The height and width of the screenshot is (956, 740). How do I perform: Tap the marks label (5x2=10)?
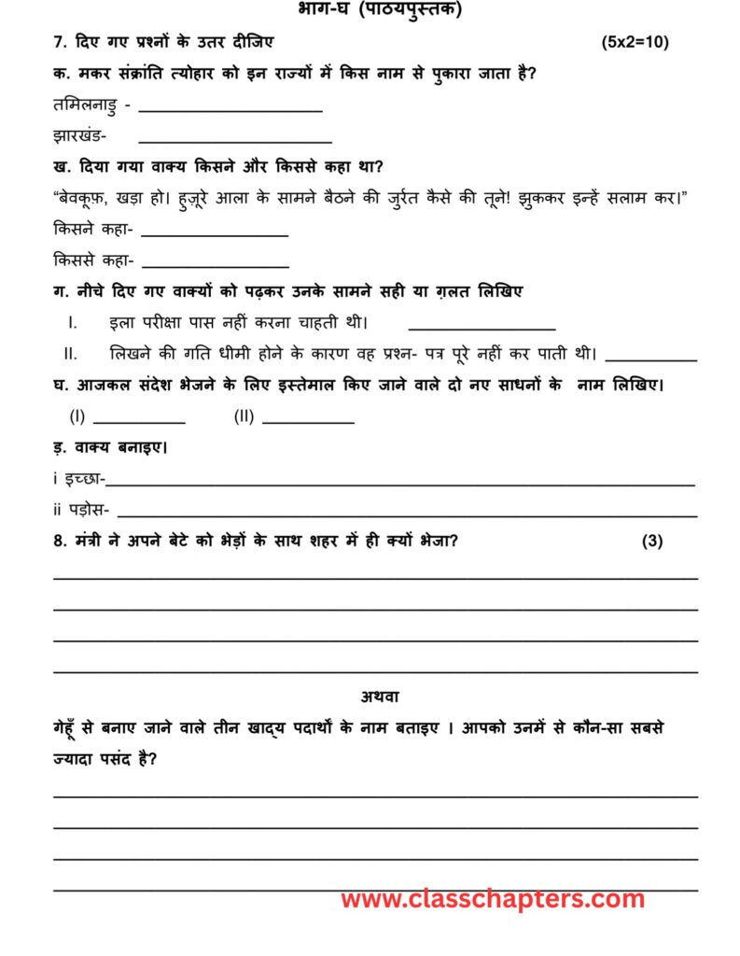click(x=635, y=43)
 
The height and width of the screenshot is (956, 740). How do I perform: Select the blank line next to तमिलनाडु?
click(x=230, y=110)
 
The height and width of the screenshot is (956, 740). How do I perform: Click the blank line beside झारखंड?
click(x=234, y=141)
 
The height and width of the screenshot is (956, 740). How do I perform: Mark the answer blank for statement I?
click(x=482, y=328)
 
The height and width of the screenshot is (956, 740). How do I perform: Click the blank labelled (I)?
click(x=138, y=421)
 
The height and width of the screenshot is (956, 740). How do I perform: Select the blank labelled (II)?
click(x=308, y=421)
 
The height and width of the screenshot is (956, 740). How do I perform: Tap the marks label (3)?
click(x=652, y=541)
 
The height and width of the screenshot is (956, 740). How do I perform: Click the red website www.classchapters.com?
click(x=493, y=899)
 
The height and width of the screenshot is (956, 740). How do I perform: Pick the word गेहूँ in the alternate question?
click(x=72, y=727)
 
